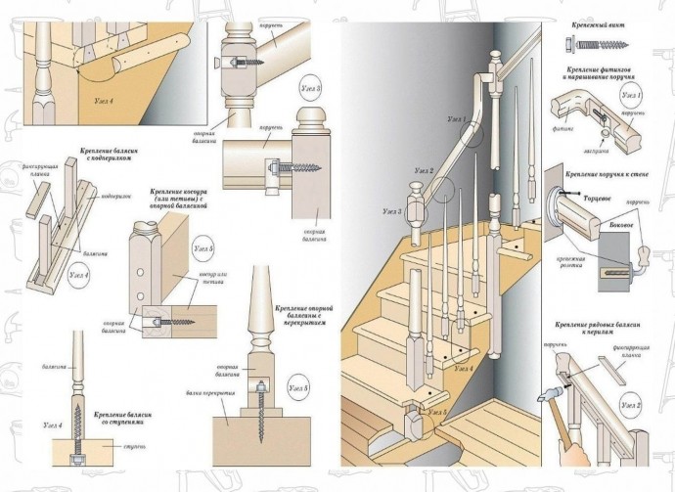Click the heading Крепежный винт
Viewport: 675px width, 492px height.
click(597, 21)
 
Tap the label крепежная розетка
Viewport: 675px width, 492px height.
click(572, 262)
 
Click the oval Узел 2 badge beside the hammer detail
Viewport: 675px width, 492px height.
click(633, 404)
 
